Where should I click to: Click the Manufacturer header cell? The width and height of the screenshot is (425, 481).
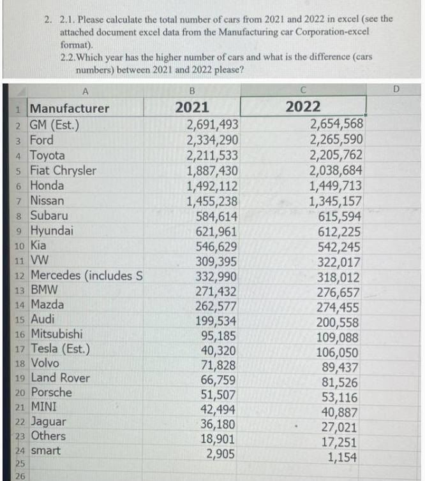coord(70,108)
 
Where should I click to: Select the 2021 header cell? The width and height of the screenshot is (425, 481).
coord(192,107)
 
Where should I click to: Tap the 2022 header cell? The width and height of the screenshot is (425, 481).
coord(304,107)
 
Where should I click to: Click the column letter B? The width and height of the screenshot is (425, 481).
coord(192,90)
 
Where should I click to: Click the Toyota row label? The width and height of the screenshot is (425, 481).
coord(48,155)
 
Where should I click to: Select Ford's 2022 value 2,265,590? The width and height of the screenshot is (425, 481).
coord(336,140)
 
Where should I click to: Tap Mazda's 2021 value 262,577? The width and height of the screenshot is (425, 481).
coord(216,305)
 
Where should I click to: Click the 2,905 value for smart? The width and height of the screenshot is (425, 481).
coord(223,454)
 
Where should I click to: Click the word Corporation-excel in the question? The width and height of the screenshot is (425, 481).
coord(329,31)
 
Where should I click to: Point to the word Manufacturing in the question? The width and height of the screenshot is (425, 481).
coord(246,31)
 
